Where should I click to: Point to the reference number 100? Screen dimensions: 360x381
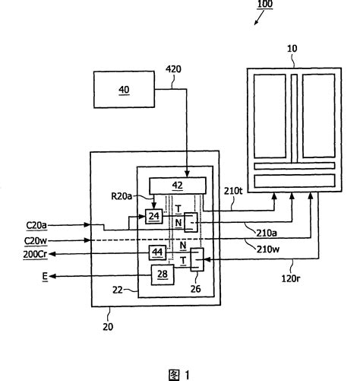click(265, 5)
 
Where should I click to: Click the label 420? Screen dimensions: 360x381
click(173, 69)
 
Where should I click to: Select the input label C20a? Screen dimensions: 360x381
click(36, 225)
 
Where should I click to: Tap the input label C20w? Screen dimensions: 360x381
click(36, 241)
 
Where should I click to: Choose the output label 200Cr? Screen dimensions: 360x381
click(35, 254)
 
